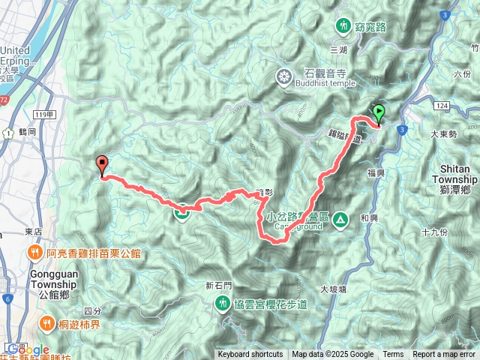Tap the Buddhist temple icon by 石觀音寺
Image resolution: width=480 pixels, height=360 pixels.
(x=284, y=76)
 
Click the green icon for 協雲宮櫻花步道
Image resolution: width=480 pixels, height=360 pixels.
(x=223, y=303)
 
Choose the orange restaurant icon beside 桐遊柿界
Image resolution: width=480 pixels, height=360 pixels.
(x=46, y=325)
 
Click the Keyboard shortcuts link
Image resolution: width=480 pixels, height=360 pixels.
(x=250, y=355)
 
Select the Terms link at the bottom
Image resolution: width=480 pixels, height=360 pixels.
(x=393, y=355)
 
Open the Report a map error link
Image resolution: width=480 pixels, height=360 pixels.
(x=445, y=355)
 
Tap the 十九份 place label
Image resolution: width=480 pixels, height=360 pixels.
(x=435, y=232)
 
